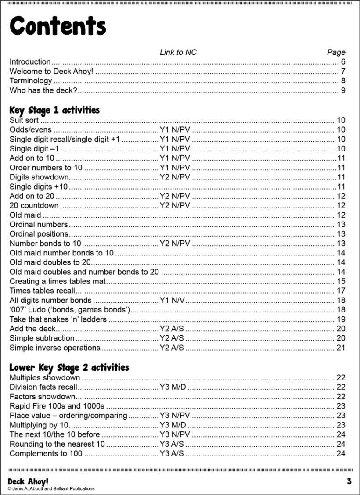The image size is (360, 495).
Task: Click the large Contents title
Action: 58,26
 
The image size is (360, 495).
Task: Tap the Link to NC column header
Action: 178,52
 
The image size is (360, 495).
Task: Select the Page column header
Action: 336,52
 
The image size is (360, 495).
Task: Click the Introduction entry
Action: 30,62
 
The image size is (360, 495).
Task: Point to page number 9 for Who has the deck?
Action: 343,91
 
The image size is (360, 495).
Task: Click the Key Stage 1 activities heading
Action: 54,110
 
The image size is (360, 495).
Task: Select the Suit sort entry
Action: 24,120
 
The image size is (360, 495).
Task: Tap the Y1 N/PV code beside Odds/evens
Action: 175,130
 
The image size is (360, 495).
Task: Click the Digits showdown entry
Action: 39,177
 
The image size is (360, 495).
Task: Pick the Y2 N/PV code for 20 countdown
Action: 175,205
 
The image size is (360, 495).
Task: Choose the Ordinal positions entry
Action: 39,234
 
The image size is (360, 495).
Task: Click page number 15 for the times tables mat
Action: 341,281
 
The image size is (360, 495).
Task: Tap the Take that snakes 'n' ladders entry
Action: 58,319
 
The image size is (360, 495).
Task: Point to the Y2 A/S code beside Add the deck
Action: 172,329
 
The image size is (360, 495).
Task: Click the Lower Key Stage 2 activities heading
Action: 69,367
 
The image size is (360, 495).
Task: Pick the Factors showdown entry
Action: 42,397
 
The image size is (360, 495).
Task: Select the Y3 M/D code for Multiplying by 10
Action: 173,425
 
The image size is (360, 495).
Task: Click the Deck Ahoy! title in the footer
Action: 28,481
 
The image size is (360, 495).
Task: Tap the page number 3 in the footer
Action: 349,481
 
